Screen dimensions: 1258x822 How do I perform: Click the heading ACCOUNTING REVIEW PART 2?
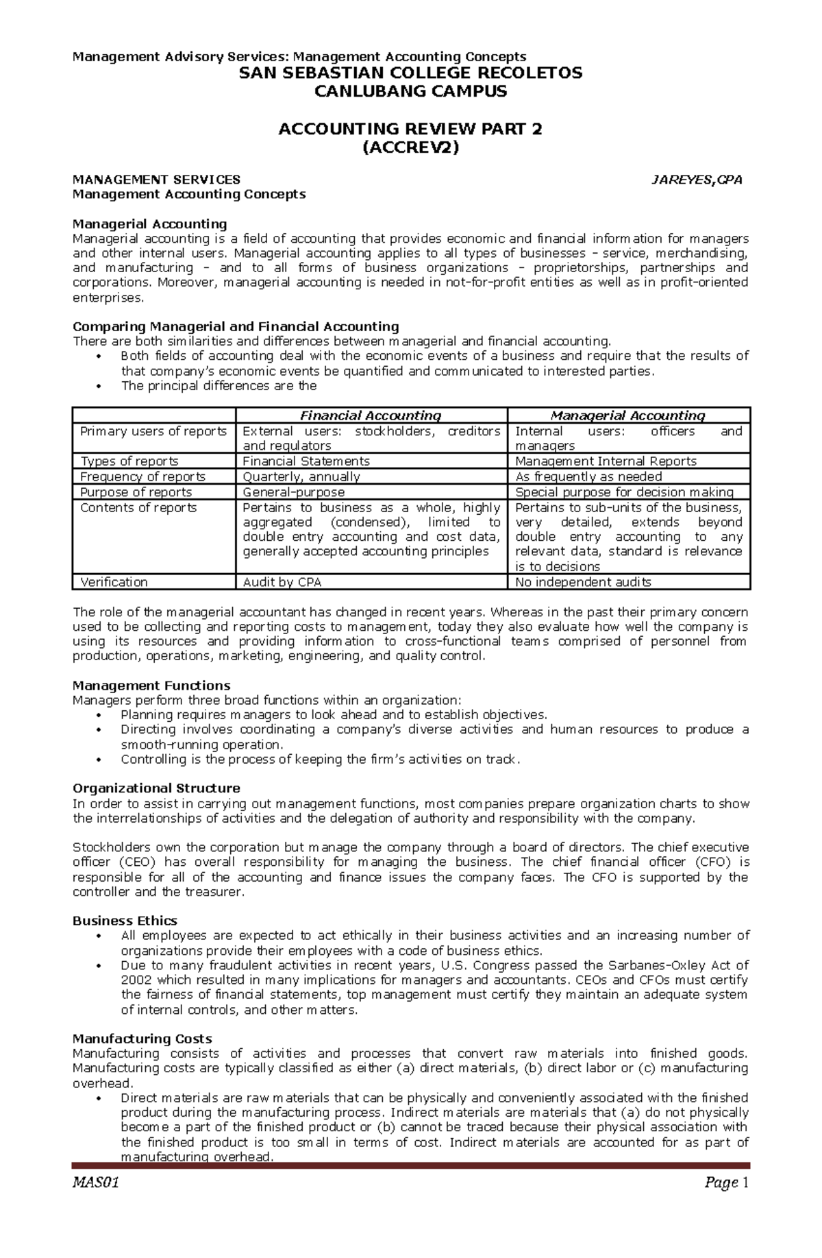pos(410,129)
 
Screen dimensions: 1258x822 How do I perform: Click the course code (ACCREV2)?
pos(410,147)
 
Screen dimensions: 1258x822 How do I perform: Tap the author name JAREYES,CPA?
pos(696,180)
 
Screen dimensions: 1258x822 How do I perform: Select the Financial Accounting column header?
pos(371,415)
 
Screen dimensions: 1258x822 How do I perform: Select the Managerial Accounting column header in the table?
pos(627,415)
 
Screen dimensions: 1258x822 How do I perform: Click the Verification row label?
pos(114,582)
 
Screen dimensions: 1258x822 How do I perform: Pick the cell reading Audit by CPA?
pos(282,582)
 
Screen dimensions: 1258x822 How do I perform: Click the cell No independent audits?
pos(583,582)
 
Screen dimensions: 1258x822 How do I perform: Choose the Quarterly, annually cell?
pos(301,476)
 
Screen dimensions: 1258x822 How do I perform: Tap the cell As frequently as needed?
pos(588,476)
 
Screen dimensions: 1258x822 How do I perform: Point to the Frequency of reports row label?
pos(142,476)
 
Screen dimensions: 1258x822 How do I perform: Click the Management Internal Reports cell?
pos(606,461)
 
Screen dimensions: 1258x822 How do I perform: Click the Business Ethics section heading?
pos(125,921)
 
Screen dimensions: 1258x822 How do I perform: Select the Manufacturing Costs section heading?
pos(142,1039)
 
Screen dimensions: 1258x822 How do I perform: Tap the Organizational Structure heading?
pos(156,788)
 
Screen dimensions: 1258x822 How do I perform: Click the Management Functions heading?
pos(151,686)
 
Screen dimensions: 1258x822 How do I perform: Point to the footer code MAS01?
pos(96,1183)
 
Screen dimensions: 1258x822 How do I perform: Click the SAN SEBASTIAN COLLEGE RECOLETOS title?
pos(410,73)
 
